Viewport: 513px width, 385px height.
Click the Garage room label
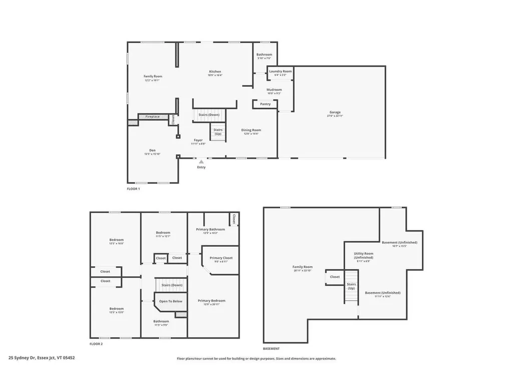(335, 112)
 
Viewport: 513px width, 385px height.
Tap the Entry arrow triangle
(201, 162)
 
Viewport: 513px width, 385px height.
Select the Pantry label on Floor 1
(265, 104)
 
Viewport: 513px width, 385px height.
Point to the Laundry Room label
(280, 71)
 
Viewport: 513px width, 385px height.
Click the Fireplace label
(153, 117)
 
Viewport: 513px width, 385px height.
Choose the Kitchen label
(215, 72)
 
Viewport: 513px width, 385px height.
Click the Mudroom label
(274, 90)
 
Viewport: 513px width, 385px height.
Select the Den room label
(152, 150)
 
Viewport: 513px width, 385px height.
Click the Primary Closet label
(221, 258)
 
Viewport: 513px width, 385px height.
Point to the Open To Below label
(171, 301)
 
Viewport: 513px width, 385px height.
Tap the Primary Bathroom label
(210, 229)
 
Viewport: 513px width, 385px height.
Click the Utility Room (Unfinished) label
(364, 255)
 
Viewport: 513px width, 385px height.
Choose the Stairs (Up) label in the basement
(351, 286)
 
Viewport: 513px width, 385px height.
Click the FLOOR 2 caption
(96, 344)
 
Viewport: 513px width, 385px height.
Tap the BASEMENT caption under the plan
(271, 348)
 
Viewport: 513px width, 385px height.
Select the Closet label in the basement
(335, 277)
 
